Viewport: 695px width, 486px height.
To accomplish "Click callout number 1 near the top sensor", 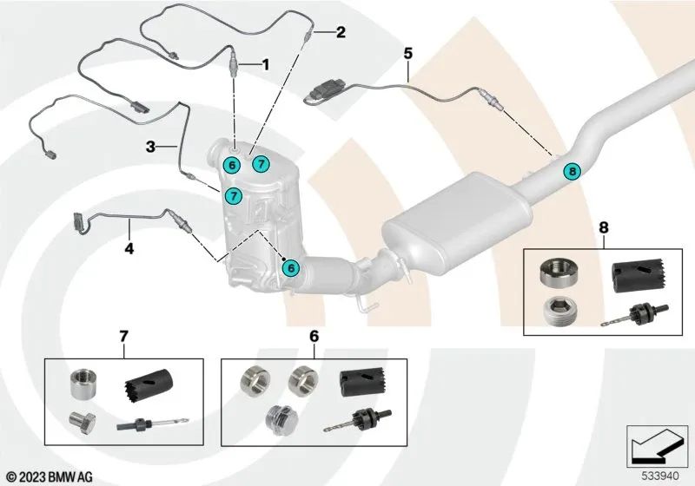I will [x=267, y=64].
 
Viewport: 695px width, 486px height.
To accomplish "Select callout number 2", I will [x=341, y=33].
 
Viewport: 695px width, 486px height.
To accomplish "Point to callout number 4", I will [x=129, y=248].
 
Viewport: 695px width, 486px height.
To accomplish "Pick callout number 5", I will [x=407, y=53].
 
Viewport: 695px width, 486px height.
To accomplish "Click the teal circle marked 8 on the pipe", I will [x=571, y=171].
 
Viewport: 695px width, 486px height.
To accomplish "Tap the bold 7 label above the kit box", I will [x=122, y=334].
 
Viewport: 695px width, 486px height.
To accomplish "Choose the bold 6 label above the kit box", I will [x=313, y=334].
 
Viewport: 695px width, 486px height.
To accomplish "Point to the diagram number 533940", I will [x=657, y=476].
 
